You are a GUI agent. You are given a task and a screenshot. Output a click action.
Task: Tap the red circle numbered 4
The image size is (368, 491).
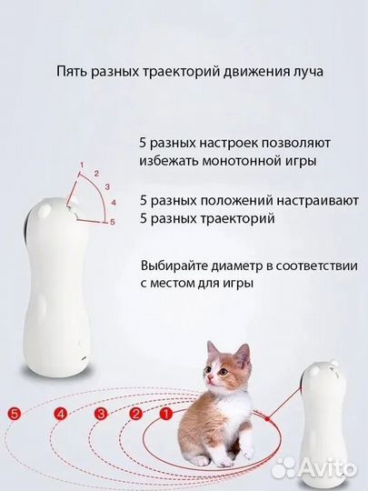62,414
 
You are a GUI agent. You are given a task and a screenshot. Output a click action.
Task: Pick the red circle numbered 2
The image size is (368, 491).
135,414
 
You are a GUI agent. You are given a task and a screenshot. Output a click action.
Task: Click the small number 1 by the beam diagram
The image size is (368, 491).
82,163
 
